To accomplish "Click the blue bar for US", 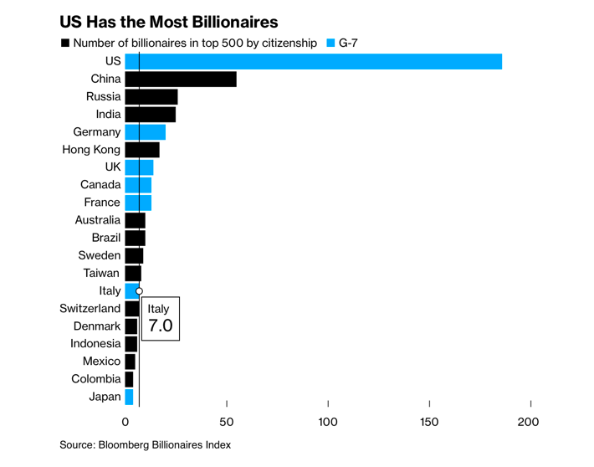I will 314,61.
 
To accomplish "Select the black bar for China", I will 181,80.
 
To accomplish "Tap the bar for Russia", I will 151,97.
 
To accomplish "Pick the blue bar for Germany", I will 146,132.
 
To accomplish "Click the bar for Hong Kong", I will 142,150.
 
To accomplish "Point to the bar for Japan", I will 129,397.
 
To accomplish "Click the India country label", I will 108,115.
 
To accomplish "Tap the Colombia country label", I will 95,379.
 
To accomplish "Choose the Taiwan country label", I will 101,273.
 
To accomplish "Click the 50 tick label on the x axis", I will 226,422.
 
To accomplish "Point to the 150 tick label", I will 429,422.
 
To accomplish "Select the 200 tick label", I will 529,422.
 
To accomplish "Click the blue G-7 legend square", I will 330,42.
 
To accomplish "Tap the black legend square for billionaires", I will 64,42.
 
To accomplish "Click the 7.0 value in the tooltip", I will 160,326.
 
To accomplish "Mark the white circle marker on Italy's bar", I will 139,290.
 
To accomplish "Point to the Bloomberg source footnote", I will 145,444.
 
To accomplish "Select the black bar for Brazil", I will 135,238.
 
